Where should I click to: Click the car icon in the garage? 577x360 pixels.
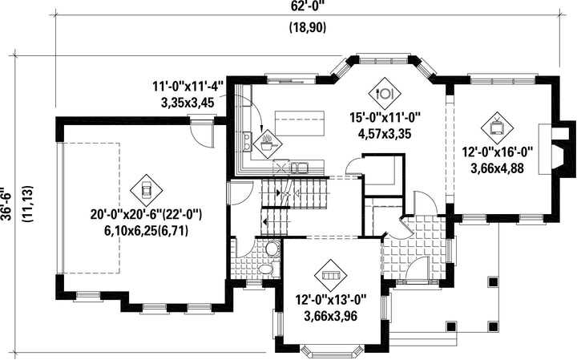click(146, 190)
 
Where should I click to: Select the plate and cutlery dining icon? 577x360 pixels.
click(385, 93)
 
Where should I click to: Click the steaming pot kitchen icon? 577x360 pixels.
click(267, 144)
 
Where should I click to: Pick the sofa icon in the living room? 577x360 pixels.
click(330, 275)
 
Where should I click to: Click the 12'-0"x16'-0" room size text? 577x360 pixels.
click(497, 152)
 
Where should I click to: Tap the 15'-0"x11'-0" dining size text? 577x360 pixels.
click(385, 117)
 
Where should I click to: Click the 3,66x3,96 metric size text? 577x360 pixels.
click(330, 316)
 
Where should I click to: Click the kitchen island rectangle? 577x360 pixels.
click(300, 123)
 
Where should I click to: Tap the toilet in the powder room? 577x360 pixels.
click(272, 248)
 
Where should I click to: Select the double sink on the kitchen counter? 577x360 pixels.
click(300, 168)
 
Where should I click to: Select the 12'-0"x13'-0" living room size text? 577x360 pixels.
click(330, 300)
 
